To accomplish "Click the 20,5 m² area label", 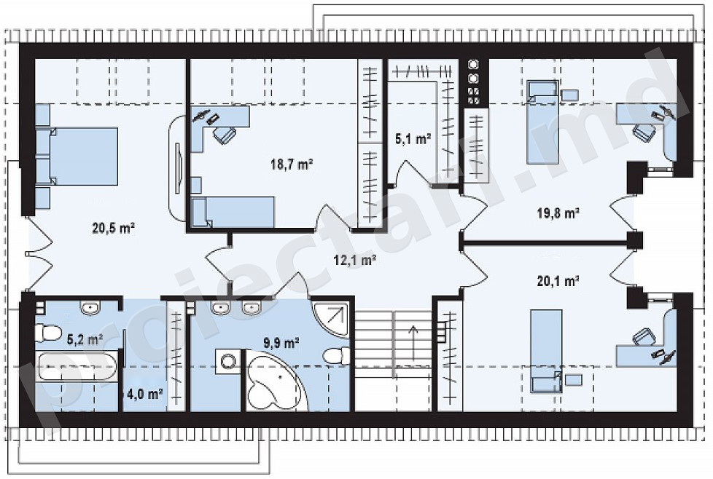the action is [114, 228].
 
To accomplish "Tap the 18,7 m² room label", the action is [292, 164].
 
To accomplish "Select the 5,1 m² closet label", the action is [413, 139].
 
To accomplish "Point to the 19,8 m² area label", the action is [558, 213].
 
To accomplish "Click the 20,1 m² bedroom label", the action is [558, 282].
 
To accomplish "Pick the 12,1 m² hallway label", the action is [355, 260].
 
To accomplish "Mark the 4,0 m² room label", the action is [145, 394].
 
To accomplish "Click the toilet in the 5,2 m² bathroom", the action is [48, 333].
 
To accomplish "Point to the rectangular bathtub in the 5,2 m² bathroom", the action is [77, 366].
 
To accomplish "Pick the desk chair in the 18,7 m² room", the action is [225, 135].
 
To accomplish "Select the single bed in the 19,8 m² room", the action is [542, 122].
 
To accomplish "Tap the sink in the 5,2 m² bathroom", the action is [92, 308].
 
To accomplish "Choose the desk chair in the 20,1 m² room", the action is [643, 336].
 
